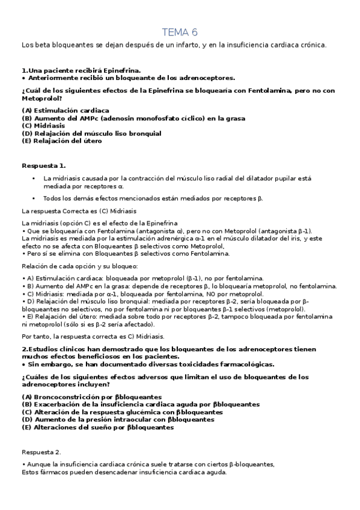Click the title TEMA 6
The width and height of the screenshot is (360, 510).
click(180, 32)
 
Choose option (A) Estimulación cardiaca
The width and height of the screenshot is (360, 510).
click(65, 110)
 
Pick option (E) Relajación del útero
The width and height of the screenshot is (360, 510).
click(62, 141)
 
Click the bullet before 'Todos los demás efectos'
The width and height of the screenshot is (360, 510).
click(33, 198)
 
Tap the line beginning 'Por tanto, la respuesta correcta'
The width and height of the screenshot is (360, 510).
click(93, 336)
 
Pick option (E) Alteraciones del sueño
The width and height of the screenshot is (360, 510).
click(97, 427)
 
